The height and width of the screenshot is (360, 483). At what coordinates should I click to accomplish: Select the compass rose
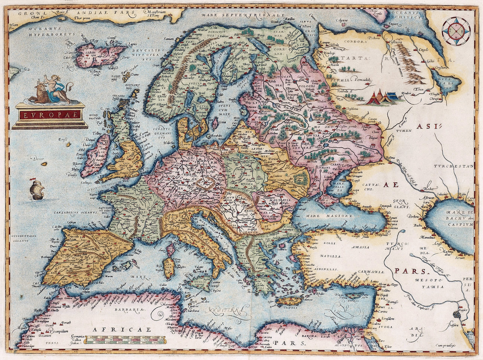[456, 30]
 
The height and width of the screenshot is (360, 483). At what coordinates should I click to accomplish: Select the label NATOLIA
[331, 256]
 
